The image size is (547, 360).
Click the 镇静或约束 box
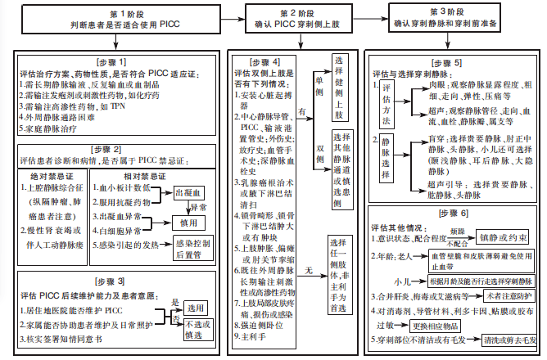[x=506, y=237]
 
